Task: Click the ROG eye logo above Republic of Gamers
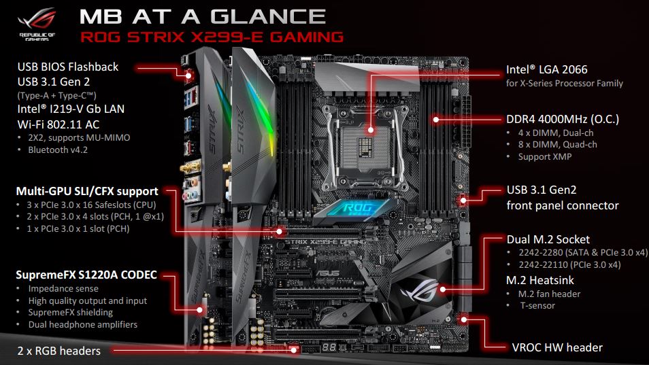point(37,20)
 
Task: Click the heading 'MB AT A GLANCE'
point(203,17)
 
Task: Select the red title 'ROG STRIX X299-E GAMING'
point(212,37)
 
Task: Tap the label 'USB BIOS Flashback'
point(68,67)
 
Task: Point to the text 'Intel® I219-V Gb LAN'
point(71,109)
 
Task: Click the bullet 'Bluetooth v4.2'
point(58,150)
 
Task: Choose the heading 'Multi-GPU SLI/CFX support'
point(87,191)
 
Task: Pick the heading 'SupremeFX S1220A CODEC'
point(86,275)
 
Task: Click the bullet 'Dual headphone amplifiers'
point(83,324)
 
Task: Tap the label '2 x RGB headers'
point(59,351)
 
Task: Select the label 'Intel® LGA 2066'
point(547,69)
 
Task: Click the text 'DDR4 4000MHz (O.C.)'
point(563,120)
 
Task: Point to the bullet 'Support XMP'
point(545,156)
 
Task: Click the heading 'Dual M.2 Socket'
point(548,239)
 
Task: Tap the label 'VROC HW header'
point(557,347)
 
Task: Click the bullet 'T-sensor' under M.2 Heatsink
point(537,305)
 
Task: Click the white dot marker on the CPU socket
point(371,130)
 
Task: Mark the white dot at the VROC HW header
point(464,319)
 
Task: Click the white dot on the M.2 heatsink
point(443,290)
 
